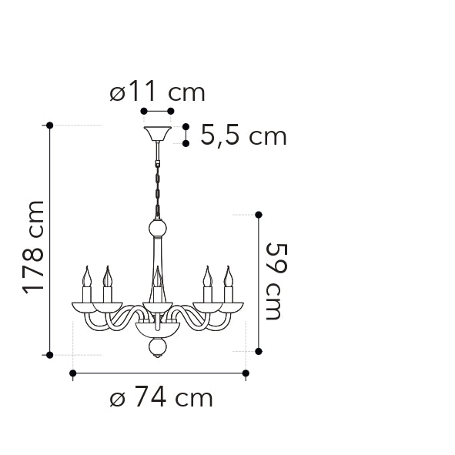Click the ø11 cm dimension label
point(157,92)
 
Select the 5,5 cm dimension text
point(243,136)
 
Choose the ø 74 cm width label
point(161,398)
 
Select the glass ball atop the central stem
point(158,229)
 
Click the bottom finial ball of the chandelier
point(158,349)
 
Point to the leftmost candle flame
point(87,276)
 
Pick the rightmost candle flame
point(228,276)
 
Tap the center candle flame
point(158,276)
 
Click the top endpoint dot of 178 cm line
point(50,125)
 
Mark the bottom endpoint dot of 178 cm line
point(50,355)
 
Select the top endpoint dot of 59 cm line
point(259,215)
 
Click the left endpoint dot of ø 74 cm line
point(73,373)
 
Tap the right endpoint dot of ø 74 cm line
point(246,373)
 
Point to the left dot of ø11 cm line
point(144,112)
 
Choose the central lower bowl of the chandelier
point(158,329)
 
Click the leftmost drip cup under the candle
point(86,307)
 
